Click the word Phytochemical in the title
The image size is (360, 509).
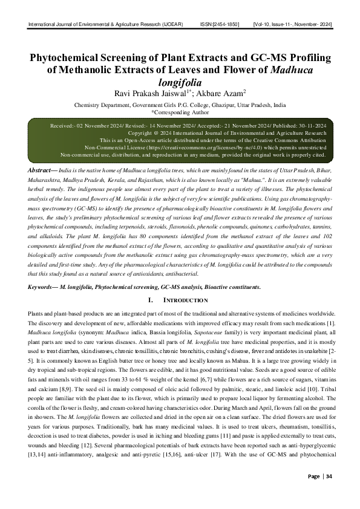point(69,58)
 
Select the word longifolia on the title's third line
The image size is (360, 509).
point(180,82)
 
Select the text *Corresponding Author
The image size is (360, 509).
point(180,112)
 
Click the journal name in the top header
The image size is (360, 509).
point(106,24)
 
